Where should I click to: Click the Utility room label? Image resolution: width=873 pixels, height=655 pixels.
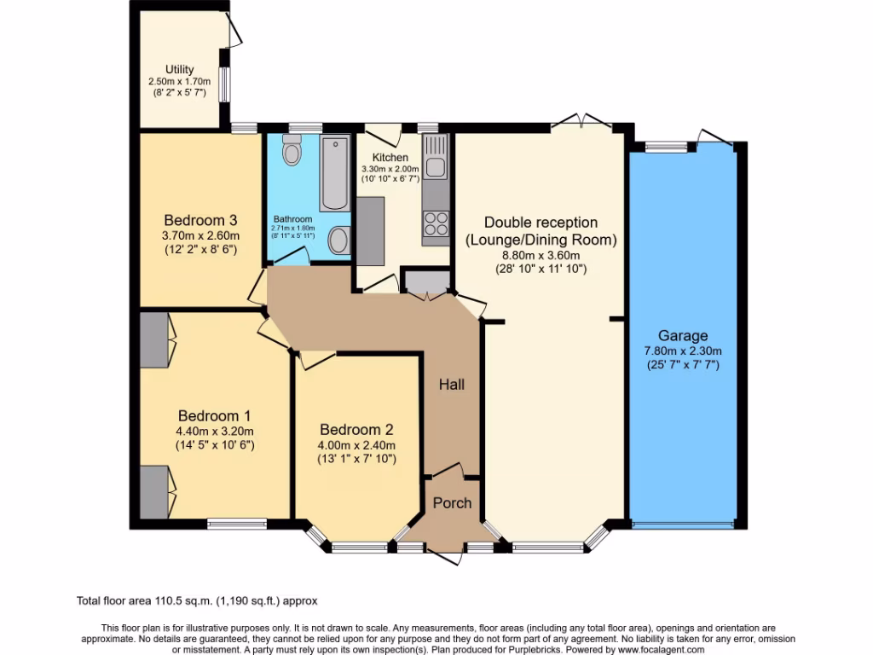point(180,69)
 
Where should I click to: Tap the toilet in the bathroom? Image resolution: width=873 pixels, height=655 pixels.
point(292,150)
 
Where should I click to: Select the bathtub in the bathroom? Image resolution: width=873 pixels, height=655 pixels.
point(334,173)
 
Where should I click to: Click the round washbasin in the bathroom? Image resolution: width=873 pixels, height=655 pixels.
point(338,240)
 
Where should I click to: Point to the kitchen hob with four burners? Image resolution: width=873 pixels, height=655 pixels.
point(436,223)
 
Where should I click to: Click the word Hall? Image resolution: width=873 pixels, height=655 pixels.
point(452,385)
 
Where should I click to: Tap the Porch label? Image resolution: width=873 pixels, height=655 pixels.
point(452,502)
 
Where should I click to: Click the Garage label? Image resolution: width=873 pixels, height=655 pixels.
point(682,336)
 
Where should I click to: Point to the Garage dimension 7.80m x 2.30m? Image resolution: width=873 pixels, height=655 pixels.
point(682,351)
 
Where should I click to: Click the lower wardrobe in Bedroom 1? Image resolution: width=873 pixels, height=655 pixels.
point(154,492)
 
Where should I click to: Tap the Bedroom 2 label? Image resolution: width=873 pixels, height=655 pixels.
point(356,429)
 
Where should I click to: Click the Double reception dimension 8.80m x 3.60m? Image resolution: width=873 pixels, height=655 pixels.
point(540,255)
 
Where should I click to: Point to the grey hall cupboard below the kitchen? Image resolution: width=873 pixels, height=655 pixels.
point(425,281)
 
